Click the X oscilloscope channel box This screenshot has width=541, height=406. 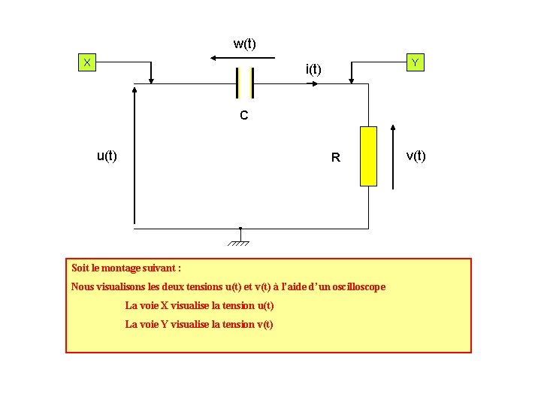click(88, 62)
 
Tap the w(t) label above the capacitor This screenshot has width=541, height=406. click(244, 44)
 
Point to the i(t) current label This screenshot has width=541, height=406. click(313, 70)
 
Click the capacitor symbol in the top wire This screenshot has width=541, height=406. click(244, 83)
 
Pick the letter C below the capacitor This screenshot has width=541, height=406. click(244, 116)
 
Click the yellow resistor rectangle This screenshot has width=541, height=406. click(368, 156)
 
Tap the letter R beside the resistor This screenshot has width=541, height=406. click(336, 158)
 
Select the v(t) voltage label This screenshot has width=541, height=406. click(416, 156)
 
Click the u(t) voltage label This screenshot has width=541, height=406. click(107, 156)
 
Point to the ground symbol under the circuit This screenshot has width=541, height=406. click(240, 239)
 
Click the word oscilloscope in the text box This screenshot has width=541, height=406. click(355, 286)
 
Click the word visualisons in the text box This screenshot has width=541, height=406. click(126, 286)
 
